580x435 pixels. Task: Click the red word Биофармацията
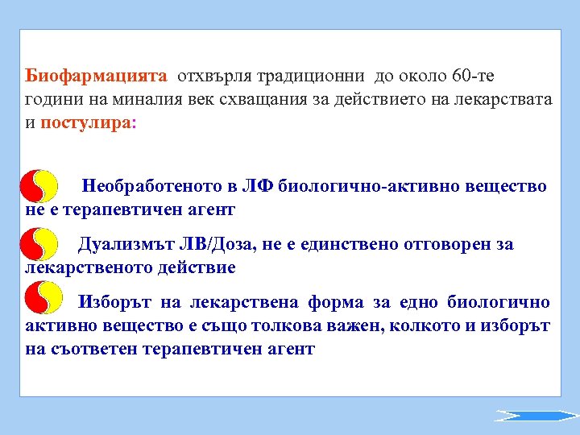(96, 77)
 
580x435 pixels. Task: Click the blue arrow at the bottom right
(536, 416)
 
